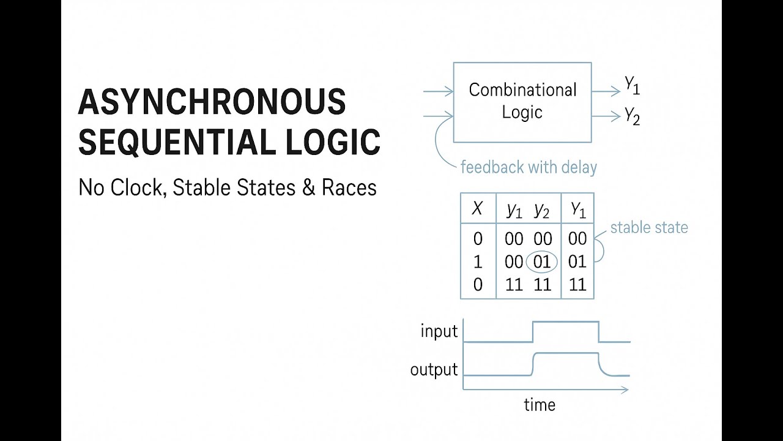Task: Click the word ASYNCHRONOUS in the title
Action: click(212, 102)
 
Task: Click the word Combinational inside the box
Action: click(522, 90)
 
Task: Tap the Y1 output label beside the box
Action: click(632, 86)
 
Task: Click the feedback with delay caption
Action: click(529, 167)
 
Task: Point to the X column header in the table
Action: click(477, 209)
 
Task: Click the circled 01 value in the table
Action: click(542, 262)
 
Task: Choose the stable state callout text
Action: click(649, 228)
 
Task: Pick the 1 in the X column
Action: click(478, 262)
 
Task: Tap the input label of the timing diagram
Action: click(439, 332)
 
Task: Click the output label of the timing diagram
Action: click(434, 370)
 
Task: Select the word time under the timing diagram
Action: click(540, 405)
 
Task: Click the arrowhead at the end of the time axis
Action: click(625, 389)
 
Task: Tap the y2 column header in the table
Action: click(542, 211)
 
